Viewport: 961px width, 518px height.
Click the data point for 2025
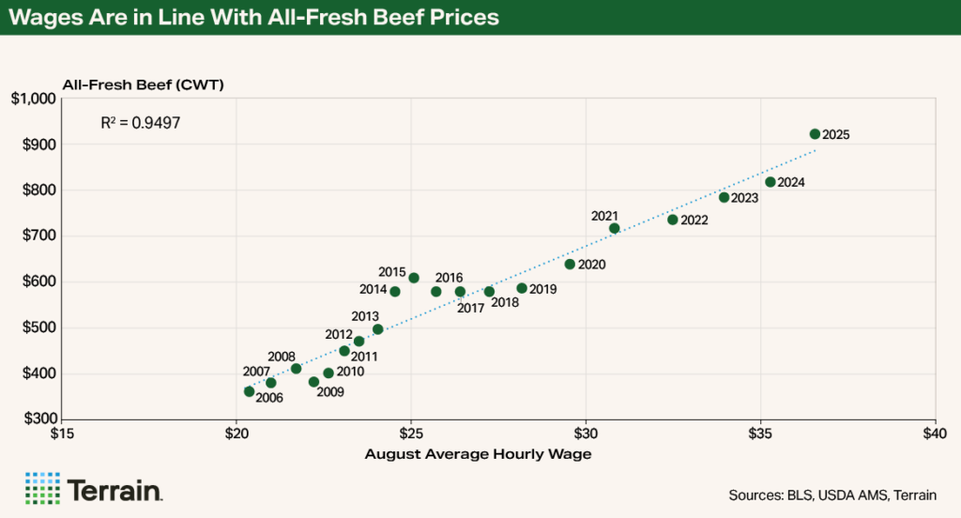[x=815, y=134]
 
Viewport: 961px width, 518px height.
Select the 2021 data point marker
[x=615, y=228]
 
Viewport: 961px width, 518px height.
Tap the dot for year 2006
[x=249, y=391]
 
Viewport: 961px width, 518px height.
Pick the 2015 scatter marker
[x=414, y=278]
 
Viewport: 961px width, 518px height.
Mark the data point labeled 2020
[x=570, y=264]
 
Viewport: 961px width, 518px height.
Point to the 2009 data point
[x=314, y=382]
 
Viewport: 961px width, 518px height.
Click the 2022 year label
[x=694, y=221]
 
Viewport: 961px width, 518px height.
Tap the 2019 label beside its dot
[x=543, y=290]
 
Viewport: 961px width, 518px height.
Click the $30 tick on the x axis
[x=586, y=434]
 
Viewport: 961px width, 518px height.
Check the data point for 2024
[x=770, y=182]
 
